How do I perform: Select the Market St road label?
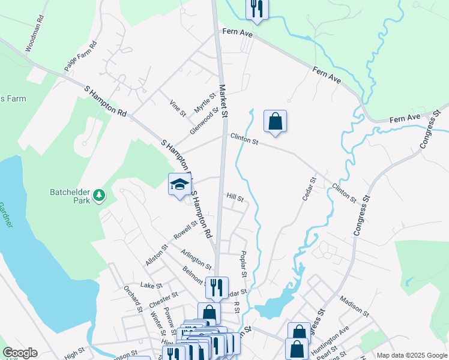(223, 100)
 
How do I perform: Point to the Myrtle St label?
(205, 103)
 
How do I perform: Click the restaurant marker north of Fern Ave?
(257, 9)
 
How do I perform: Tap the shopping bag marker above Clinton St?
(275, 121)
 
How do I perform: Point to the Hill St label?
(235, 197)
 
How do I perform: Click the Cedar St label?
(309, 189)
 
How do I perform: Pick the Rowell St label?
(185, 230)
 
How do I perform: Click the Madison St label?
(354, 305)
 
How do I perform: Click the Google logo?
(20, 353)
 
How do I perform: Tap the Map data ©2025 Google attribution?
(411, 355)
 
